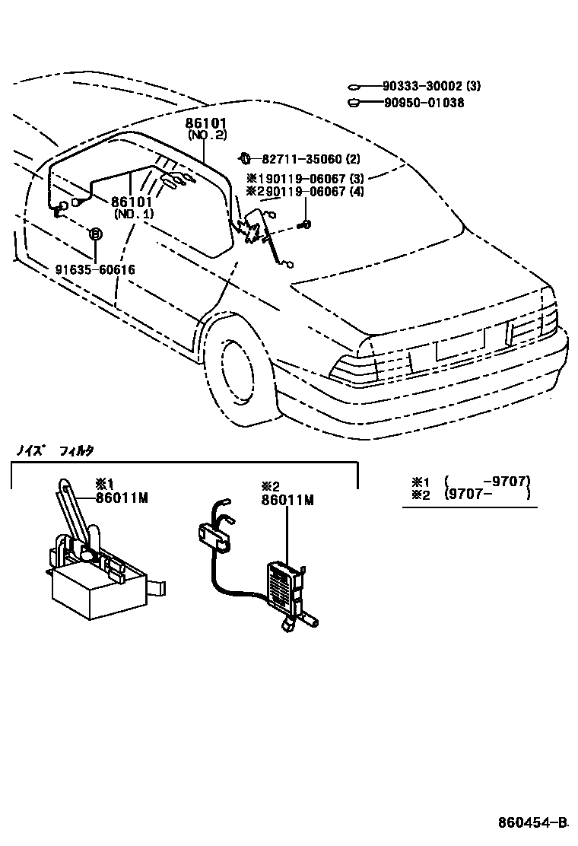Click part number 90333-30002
pyautogui.click(x=414, y=87)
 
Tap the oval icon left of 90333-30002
pyautogui.click(x=354, y=87)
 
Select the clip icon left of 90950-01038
pyautogui.click(x=354, y=102)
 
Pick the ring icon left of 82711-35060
pyautogui.click(x=245, y=158)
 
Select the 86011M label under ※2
pyautogui.click(x=287, y=500)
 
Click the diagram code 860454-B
pyautogui.click(x=533, y=822)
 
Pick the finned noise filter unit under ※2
pyautogui.click(x=287, y=586)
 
